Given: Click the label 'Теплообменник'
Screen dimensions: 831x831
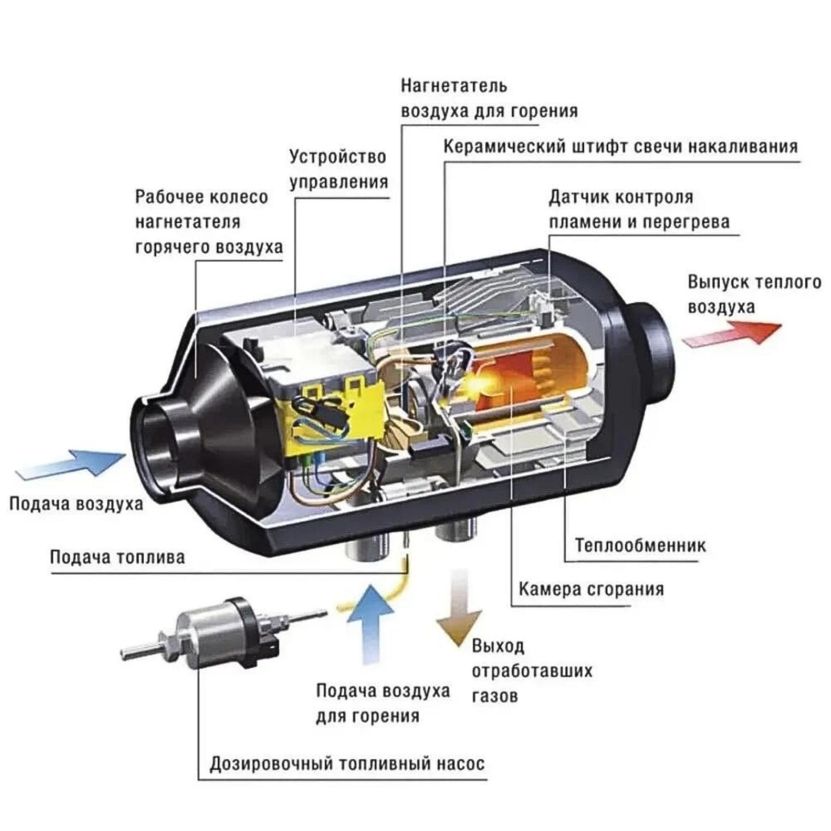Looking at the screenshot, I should click(640, 545).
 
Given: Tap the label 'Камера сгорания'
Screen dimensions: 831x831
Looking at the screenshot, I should click(591, 589).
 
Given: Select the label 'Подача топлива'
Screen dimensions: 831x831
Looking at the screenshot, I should click(117, 557).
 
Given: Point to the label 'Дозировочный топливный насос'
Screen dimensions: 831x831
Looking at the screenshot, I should click(347, 764).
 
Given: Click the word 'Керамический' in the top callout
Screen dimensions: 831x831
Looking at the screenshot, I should click(504, 147).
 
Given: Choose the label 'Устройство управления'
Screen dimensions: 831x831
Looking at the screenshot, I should click(338, 169).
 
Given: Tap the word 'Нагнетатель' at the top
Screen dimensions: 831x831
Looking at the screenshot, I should click(453, 86).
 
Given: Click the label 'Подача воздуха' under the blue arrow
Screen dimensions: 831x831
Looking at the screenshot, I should click(76, 504).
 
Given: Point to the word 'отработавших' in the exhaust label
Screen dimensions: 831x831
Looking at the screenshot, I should click(532, 671).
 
